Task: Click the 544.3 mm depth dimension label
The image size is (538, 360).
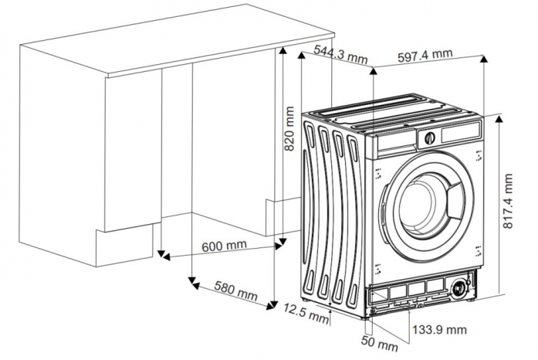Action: click(340, 54)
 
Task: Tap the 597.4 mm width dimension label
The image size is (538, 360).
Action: click(425, 56)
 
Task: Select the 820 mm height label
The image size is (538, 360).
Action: click(289, 128)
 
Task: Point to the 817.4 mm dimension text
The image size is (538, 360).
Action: click(508, 201)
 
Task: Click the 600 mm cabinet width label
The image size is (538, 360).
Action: click(224, 246)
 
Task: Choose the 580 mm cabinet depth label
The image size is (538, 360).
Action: click(235, 290)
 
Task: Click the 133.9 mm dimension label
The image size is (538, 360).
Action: click(439, 330)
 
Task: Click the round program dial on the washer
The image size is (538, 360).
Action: click(430, 138)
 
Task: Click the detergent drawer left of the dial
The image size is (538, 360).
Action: click(397, 142)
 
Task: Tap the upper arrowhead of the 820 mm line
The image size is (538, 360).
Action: click(283, 51)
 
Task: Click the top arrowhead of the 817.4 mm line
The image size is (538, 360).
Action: click(499, 119)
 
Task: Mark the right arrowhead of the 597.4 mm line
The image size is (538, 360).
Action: click(484, 59)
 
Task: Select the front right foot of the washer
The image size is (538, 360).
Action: click(470, 299)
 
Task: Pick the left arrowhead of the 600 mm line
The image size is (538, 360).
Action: click(166, 257)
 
